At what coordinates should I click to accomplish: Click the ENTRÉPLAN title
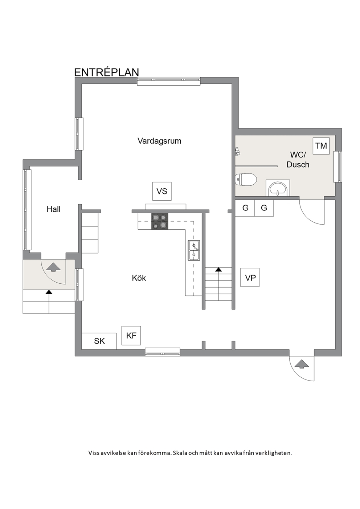(x=107, y=73)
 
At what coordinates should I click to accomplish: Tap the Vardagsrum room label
(x=159, y=141)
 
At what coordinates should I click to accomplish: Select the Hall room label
(x=53, y=209)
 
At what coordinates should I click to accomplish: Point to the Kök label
(x=139, y=278)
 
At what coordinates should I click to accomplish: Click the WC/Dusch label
(x=298, y=160)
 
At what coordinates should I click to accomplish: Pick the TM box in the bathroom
(x=321, y=146)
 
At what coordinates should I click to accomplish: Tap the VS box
(x=162, y=191)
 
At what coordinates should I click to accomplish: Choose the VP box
(x=250, y=278)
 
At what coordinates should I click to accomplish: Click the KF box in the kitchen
(x=131, y=336)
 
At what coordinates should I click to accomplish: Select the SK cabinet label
(x=99, y=341)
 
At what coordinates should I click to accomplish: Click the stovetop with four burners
(x=160, y=221)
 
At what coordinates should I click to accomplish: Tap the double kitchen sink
(x=194, y=250)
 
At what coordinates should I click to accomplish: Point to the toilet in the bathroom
(x=246, y=180)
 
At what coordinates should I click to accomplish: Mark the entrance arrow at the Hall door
(x=53, y=267)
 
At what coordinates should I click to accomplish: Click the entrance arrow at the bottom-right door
(x=302, y=364)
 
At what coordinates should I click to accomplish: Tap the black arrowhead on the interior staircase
(x=218, y=270)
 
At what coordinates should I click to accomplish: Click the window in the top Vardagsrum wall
(x=169, y=81)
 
